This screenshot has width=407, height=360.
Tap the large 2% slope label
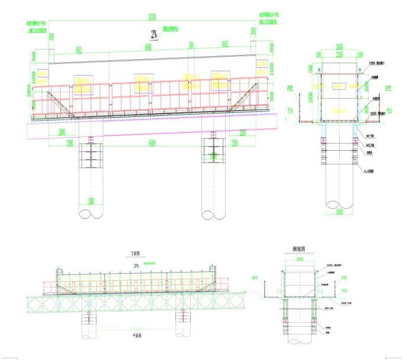pos(154,35)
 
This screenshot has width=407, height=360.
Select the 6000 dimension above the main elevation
pos(149,48)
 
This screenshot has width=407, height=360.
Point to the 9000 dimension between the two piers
pos(152,143)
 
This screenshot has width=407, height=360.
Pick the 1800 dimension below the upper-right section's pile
pos(339,210)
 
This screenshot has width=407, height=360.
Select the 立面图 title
pos(136,255)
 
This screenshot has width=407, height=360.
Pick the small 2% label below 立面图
pos(137,265)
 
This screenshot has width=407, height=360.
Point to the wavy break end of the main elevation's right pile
pos(214,214)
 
